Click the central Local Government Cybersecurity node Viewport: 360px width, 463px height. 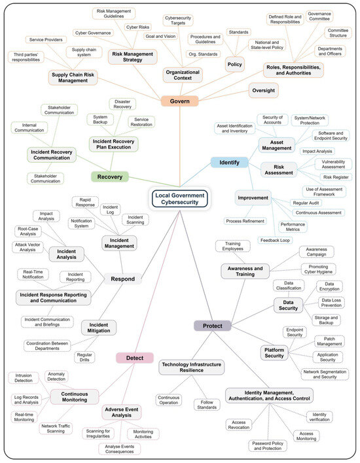tap(179, 198)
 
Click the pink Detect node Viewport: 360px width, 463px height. tap(135, 358)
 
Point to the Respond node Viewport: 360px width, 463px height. tap(123, 279)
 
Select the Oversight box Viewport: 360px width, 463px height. tap(266, 90)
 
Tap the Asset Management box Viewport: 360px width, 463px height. tap(277, 144)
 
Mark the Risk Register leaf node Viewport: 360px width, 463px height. tap(336, 177)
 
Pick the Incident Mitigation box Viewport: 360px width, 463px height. tap(99, 326)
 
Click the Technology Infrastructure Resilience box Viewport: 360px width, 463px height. tap(191, 367)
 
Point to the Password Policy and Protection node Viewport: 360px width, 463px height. tap(268, 446)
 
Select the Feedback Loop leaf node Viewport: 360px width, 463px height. tap(275, 240)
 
